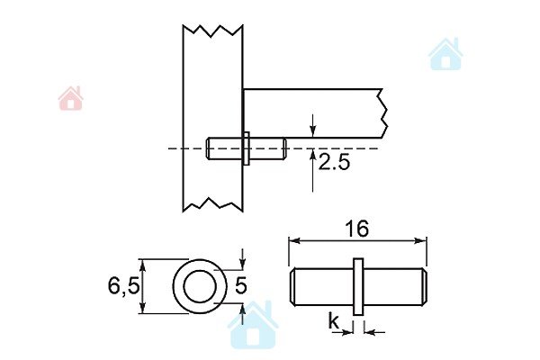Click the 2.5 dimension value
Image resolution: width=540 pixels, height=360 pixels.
pos(334,162)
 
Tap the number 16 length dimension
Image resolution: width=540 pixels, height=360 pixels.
pos(357,229)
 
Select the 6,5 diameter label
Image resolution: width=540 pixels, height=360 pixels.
pos(123,286)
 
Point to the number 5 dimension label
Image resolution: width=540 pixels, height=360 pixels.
pos(241,285)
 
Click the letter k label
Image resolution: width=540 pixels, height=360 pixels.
pos(333,321)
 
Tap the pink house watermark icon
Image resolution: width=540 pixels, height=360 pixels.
pos(70,98)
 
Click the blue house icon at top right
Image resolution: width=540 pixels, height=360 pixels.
pos(445,54)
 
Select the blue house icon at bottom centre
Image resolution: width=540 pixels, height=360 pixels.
pos(253,324)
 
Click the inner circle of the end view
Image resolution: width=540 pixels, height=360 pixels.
pos(200,286)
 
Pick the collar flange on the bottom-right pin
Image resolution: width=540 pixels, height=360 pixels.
pos(358,286)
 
